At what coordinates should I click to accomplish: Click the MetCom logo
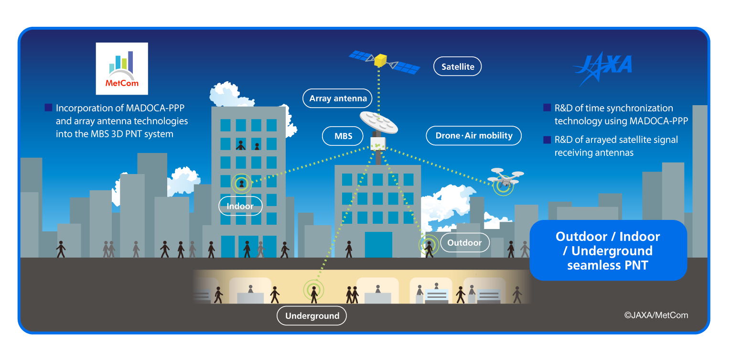[x=122, y=68]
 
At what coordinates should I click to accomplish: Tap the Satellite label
[x=458, y=66]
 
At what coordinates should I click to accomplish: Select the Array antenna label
[x=337, y=98]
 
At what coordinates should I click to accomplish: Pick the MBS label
[x=343, y=136]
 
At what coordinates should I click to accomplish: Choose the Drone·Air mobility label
[x=474, y=136]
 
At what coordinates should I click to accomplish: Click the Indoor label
[x=240, y=206]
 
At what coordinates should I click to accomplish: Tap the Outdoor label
[x=465, y=242]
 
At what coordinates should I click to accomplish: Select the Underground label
[x=312, y=316]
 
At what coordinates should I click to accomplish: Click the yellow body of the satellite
[x=380, y=60]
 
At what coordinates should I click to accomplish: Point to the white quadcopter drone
[x=505, y=178]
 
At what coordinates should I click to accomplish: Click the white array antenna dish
[x=378, y=122]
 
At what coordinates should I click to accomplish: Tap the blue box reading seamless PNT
[x=608, y=250]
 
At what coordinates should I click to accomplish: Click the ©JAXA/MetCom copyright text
[x=656, y=315]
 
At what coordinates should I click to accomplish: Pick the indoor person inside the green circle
[x=241, y=184]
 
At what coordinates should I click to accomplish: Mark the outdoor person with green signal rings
[x=429, y=249]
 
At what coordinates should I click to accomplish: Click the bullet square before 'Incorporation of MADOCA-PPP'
[x=48, y=108]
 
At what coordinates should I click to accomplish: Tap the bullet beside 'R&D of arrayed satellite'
[x=547, y=140]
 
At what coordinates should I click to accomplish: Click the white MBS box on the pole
[x=378, y=144]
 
